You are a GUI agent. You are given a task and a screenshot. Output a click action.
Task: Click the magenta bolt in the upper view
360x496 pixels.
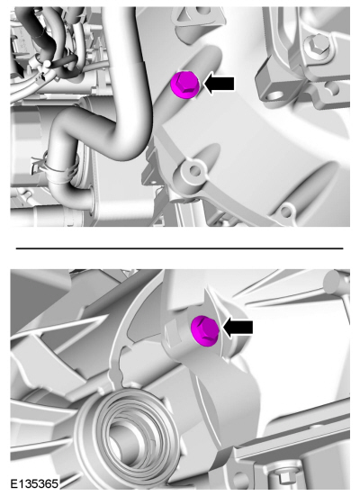click(184, 85)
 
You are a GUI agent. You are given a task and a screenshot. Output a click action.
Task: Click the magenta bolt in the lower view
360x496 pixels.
click(205, 330)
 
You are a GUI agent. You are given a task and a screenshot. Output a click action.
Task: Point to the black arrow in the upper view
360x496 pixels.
click(219, 84)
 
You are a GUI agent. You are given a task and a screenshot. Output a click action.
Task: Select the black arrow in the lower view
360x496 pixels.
click(238, 328)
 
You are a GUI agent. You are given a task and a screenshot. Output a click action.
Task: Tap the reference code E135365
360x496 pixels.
click(35, 483)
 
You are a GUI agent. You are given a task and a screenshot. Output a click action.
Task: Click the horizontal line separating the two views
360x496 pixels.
click(180, 248)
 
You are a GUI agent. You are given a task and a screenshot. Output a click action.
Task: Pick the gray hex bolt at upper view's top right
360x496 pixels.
click(317, 47)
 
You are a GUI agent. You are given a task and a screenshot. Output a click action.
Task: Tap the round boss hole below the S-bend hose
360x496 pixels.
click(194, 171)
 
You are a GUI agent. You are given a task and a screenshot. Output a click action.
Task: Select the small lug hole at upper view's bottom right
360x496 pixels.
click(285, 212)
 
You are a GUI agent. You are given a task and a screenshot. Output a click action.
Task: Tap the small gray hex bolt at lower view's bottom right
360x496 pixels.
click(283, 477)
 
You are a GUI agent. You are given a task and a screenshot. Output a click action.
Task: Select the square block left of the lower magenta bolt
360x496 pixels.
click(173, 333)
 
